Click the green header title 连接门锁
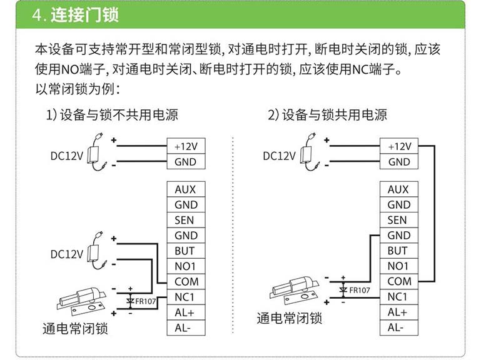pyautogui.click(x=84, y=15)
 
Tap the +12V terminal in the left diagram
pyautogui.click(x=186, y=146)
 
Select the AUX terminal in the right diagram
pyautogui.click(x=399, y=189)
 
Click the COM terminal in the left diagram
pyautogui.click(x=186, y=281)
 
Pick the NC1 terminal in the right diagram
pyautogui.click(x=399, y=297)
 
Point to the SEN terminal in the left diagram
pyautogui.click(x=186, y=220)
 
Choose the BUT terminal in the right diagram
pyautogui.click(x=399, y=251)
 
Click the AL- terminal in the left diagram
pyautogui.click(x=186, y=327)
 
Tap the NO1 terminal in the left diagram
pyautogui.click(x=186, y=266)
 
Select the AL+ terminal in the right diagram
pyautogui.click(x=399, y=312)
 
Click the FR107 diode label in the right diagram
pyautogui.click(x=360, y=290)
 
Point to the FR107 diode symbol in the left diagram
pyautogui.click(x=130, y=301)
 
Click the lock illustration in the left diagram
pyautogui.click(x=82, y=301)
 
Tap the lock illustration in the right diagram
pyautogui.click(x=295, y=290)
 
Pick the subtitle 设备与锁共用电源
pyautogui.click(x=335, y=115)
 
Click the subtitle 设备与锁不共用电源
pyautogui.click(x=119, y=115)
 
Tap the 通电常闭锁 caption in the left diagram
pyautogui.click(x=75, y=329)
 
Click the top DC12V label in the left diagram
pyautogui.click(x=66, y=156)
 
